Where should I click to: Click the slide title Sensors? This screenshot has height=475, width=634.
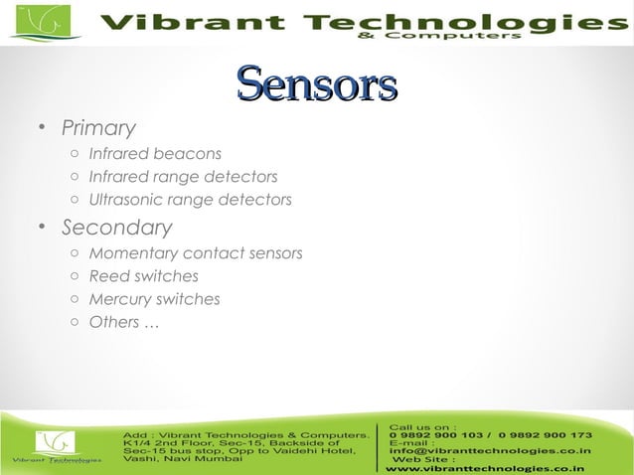tap(317, 86)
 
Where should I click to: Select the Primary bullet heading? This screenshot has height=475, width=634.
tap(97, 128)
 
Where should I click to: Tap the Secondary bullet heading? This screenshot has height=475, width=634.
tap(116, 228)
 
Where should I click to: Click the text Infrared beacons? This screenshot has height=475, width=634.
tap(154, 154)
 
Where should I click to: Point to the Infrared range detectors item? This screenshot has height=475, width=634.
tap(183, 177)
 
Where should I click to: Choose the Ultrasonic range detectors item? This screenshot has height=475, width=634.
tap(190, 200)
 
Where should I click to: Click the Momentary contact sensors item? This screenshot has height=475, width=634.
tap(195, 253)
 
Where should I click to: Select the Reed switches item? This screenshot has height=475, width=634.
tap(143, 276)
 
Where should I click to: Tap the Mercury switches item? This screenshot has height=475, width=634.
tap(154, 299)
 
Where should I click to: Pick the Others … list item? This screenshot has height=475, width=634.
tap(123, 322)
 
